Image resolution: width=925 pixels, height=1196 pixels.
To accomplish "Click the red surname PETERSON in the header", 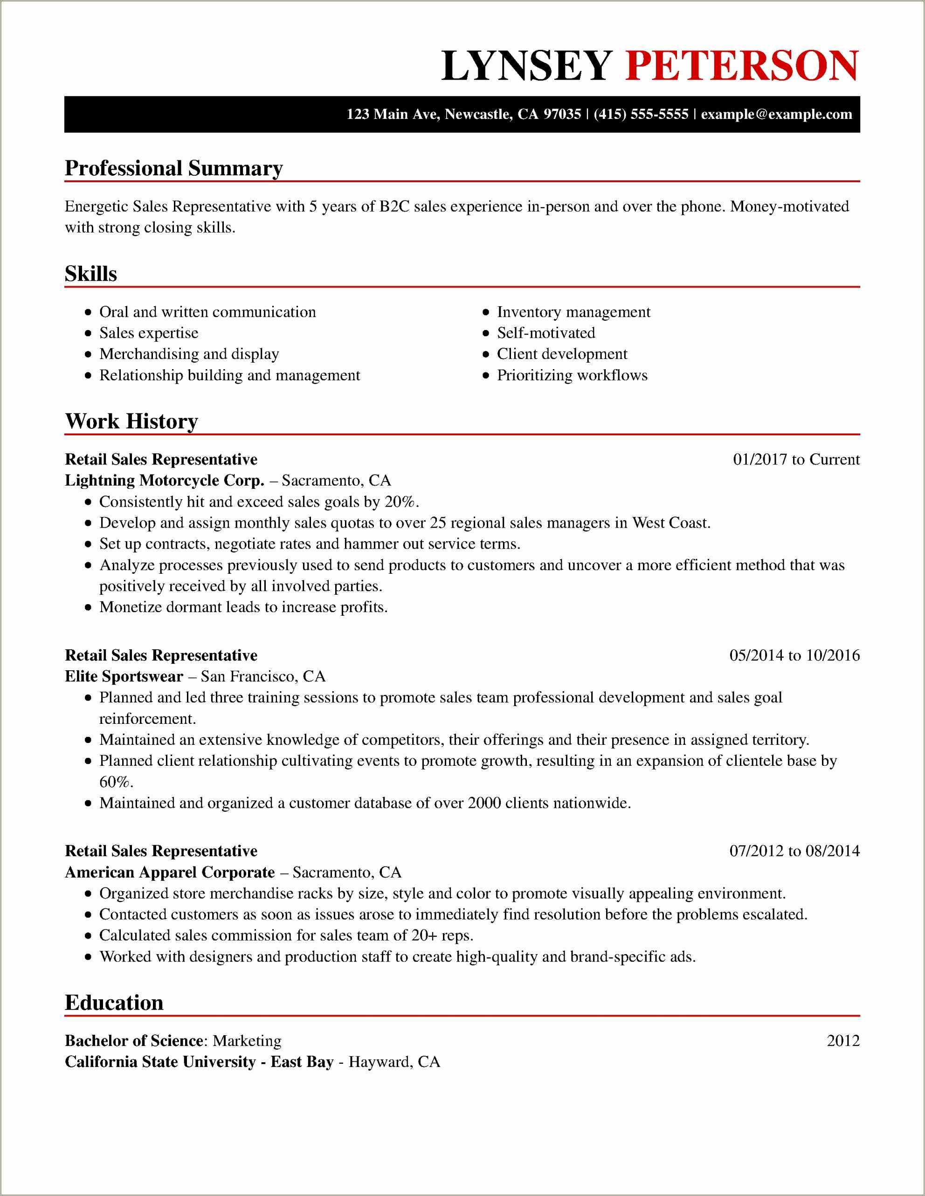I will tap(742, 66).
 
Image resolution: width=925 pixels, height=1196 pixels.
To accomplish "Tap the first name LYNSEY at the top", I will tap(526, 66).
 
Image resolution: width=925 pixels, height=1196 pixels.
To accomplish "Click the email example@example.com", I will tap(777, 115).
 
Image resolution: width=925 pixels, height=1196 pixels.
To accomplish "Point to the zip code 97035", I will tap(562, 115).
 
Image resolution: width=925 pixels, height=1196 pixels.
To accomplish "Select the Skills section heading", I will tap(91, 274).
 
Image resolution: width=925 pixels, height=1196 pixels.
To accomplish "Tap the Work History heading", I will tap(131, 421).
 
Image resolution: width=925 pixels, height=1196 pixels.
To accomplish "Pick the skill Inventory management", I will tap(573, 312).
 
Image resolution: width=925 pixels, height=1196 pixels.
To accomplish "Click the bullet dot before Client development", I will tap(485, 355).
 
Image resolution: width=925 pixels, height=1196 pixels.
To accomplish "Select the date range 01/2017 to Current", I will tap(796, 460).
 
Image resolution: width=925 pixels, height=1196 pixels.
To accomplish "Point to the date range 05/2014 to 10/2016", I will tap(794, 655).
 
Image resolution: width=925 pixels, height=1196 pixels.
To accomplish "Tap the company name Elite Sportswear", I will tap(124, 677).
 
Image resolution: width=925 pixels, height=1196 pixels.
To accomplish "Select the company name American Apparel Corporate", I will tap(170, 873).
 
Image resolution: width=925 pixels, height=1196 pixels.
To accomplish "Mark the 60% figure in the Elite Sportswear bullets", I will tap(109, 782).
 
